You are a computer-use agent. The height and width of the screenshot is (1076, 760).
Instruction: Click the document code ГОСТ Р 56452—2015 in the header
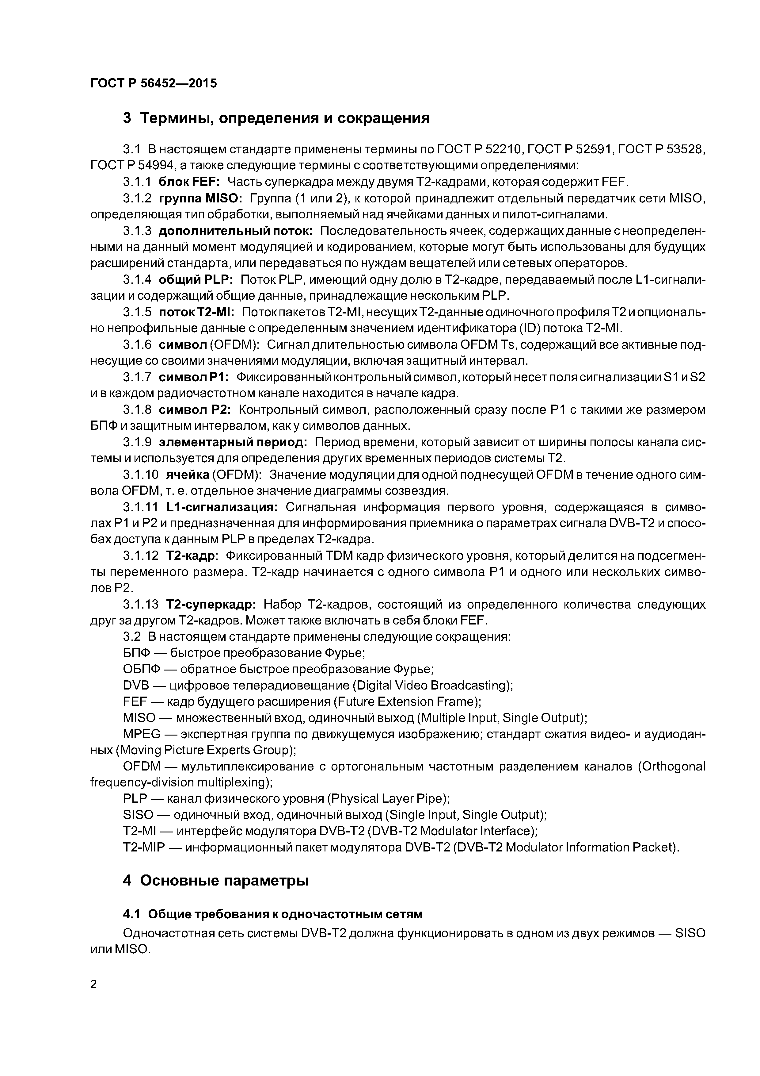[x=154, y=83]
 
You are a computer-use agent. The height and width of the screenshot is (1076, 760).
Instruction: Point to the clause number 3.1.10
[x=141, y=475]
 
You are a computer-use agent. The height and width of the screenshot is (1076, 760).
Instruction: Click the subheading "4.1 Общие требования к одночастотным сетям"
[x=272, y=914]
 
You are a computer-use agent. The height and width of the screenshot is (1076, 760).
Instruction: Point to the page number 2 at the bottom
[x=94, y=984]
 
